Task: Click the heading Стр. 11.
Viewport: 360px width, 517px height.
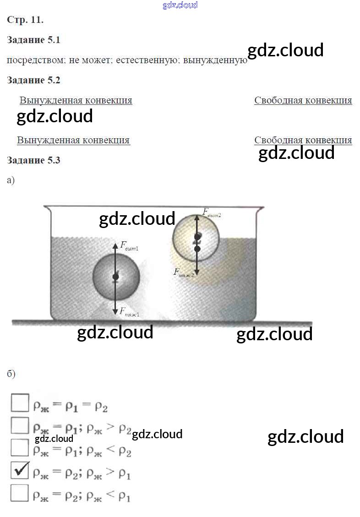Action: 25,20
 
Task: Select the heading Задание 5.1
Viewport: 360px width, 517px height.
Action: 33,40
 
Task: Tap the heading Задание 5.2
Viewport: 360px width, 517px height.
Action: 33,80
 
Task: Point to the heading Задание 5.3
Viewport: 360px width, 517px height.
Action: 33,160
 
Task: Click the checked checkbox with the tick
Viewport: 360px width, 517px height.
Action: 20,470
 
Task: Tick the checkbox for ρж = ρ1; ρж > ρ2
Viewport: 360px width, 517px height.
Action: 20,425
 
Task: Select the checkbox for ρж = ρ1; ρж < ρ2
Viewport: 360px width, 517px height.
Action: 20,447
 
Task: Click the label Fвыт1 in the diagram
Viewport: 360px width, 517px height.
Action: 130,248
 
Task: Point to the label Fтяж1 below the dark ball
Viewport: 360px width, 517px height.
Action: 130,314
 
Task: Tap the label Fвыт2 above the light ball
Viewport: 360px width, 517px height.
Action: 212,212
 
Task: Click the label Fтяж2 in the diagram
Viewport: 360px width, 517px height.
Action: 183,273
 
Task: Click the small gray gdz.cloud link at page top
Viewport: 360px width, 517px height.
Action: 180,5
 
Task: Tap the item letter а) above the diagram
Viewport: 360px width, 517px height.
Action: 11,180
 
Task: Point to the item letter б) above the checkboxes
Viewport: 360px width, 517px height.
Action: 11,374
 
